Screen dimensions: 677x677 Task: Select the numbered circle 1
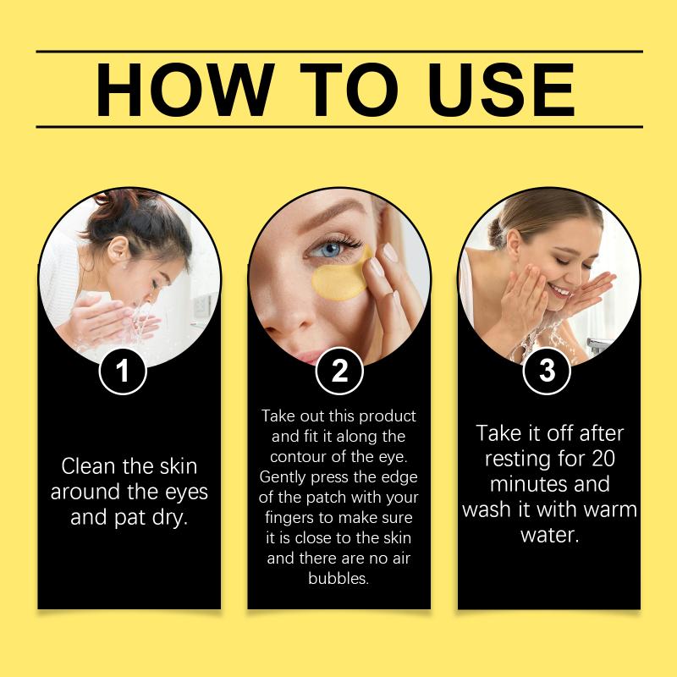[123, 371]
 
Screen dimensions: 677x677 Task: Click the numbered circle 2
[339, 371]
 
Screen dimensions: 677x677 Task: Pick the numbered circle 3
[547, 371]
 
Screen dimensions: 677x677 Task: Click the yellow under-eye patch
[341, 278]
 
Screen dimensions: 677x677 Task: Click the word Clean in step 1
[88, 466]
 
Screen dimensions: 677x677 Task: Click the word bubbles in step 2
[338, 578]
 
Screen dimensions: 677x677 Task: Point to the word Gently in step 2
[283, 477]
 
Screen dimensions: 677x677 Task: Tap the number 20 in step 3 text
[603, 459]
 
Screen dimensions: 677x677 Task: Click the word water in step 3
[548, 536]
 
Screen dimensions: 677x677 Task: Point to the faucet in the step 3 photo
[598, 345]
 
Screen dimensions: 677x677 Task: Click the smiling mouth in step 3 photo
[560, 290]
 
